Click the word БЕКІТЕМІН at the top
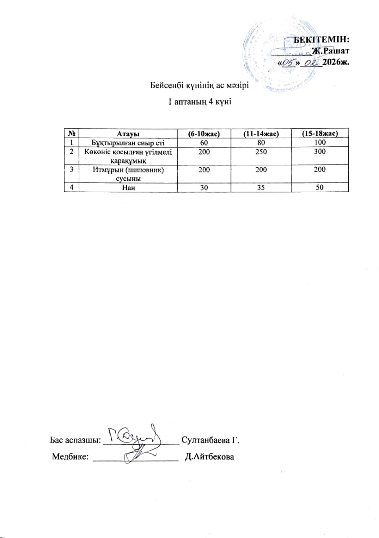coord(321,40)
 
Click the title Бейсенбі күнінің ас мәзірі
coord(200,86)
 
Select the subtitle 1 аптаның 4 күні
coord(200,101)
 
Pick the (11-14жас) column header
coord(261,134)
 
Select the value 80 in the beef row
coord(261,142)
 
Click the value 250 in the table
coord(261,151)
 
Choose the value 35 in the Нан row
coord(261,188)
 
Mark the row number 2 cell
coord(71,151)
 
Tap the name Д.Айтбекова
coord(209,456)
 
